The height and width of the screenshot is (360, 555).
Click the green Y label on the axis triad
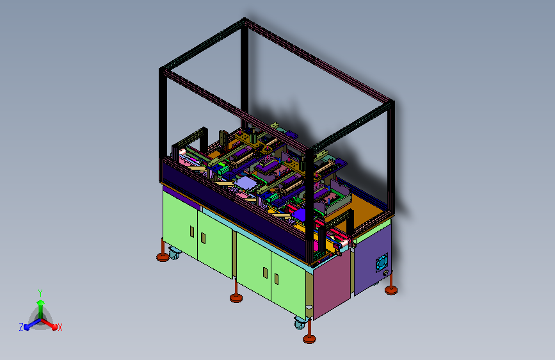[40, 293]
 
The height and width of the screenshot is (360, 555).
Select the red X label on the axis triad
[60, 327]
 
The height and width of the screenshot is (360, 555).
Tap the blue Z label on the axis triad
[21, 327]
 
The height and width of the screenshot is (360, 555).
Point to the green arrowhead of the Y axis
[41, 302]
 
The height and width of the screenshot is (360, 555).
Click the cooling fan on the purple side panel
[382, 263]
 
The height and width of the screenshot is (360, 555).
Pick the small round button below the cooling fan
[386, 273]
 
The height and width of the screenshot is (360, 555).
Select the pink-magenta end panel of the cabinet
[332, 282]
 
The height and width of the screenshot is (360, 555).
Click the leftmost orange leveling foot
[163, 256]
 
